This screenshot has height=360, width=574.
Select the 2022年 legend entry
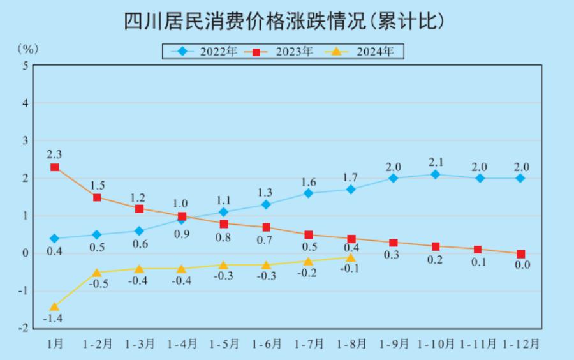click(208, 51)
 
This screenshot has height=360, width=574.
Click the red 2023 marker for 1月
click(55, 167)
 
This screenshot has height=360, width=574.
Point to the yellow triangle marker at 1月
click(55, 306)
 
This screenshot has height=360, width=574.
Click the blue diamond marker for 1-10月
click(436, 174)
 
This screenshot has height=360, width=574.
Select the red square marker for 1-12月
click(520, 253)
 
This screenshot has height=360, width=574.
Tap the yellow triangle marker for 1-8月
click(351, 257)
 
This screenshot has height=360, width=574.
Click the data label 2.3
click(54, 154)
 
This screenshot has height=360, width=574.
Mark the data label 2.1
click(436, 161)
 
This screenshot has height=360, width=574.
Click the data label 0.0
click(522, 265)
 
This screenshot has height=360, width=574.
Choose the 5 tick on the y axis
click(25, 66)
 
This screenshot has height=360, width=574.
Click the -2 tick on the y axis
click(23, 329)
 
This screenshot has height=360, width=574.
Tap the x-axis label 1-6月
click(267, 343)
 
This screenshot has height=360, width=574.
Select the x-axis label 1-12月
click(520, 343)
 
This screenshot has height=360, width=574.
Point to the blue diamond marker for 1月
click(55, 239)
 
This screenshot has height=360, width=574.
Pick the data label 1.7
click(351, 176)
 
